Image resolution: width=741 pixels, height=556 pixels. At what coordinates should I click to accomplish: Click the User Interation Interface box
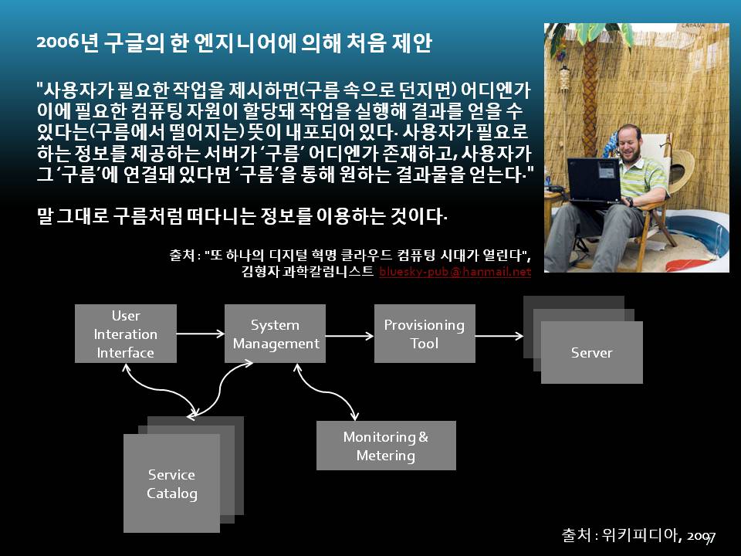[x=126, y=334]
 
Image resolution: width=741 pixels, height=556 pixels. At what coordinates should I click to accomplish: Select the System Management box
[x=275, y=334]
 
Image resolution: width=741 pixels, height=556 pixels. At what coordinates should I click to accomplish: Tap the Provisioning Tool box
[x=425, y=334]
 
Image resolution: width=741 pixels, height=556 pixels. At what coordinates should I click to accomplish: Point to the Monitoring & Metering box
[x=386, y=446]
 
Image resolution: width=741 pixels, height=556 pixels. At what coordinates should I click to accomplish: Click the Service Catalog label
[x=172, y=483]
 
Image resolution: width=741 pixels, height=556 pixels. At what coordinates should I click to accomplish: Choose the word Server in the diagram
[x=592, y=353]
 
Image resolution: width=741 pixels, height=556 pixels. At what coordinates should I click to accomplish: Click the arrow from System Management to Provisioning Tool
[x=350, y=336]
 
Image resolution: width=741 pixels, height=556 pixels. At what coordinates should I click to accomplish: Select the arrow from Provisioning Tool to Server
[x=499, y=336]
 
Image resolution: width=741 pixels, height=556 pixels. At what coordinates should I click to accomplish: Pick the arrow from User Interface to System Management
[x=201, y=334]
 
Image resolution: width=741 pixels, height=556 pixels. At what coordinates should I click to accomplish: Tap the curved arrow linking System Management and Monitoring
[x=326, y=392]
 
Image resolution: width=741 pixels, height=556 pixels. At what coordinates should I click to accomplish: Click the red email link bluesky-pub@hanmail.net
[x=455, y=272]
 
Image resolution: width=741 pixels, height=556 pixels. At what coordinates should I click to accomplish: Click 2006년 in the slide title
[x=68, y=42]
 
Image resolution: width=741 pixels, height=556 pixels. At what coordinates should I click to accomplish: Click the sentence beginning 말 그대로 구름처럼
[x=242, y=216]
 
